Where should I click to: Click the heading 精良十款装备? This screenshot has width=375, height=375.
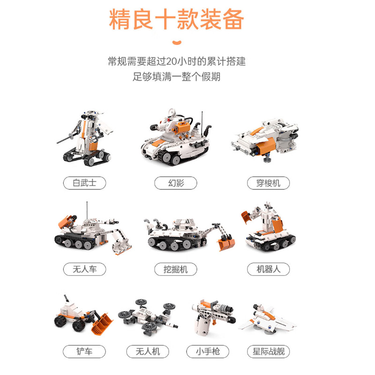coord(177,19)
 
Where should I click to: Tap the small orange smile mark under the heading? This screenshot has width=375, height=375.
coord(177,44)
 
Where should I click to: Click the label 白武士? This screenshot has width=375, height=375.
coord(84,182)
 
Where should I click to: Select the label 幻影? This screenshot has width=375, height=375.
coord(176,182)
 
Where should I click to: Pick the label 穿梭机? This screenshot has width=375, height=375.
coord(268,182)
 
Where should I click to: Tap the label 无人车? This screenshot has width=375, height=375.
coord(84,269)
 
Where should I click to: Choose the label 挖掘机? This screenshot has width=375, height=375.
coord(176,269)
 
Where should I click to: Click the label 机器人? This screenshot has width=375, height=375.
coord(268,269)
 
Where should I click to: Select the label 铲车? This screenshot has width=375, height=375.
coord(84,351)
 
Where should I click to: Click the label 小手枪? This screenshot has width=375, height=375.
coord(208,351)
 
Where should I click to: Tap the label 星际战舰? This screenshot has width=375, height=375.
coord(268,351)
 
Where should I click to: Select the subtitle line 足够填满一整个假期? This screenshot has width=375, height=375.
coord(176,76)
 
